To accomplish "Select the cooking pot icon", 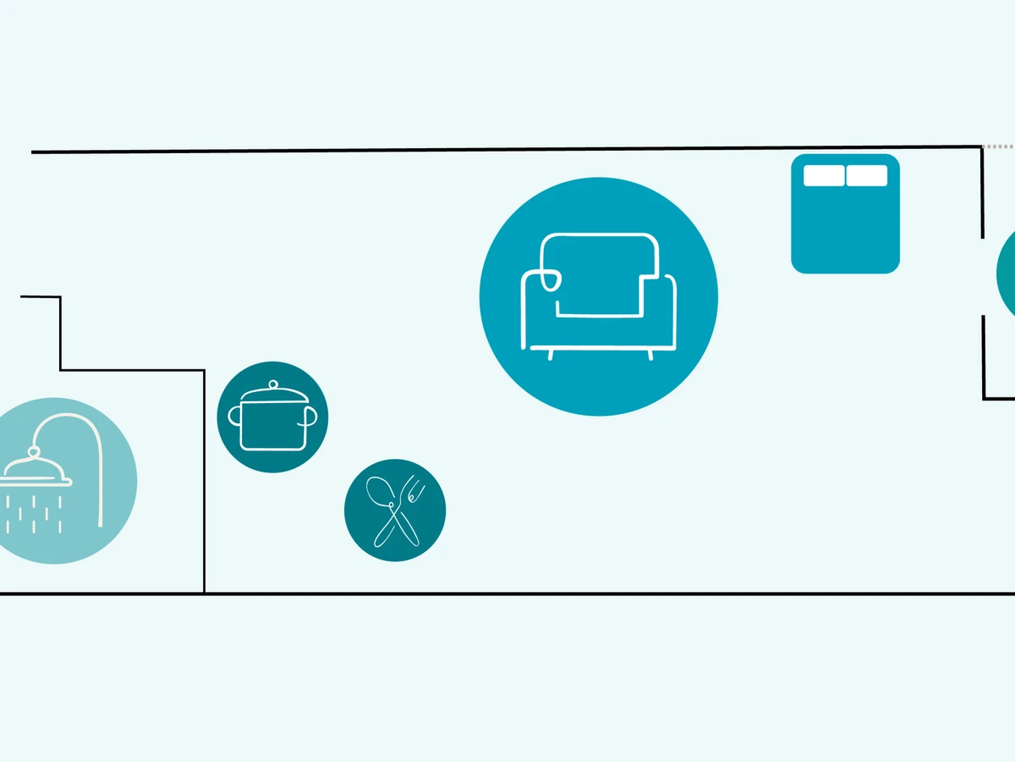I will [x=272, y=417].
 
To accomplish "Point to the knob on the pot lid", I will [x=272, y=385].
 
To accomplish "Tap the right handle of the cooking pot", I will [x=310, y=415].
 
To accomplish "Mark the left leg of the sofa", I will [x=551, y=354].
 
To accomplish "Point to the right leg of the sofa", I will [x=650, y=354].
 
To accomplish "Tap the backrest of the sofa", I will [x=599, y=254].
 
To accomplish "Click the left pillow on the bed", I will [x=823, y=175].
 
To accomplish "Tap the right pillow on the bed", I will [x=867, y=175].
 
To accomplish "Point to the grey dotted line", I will [x=999, y=146].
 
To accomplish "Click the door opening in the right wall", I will [x=983, y=277].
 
